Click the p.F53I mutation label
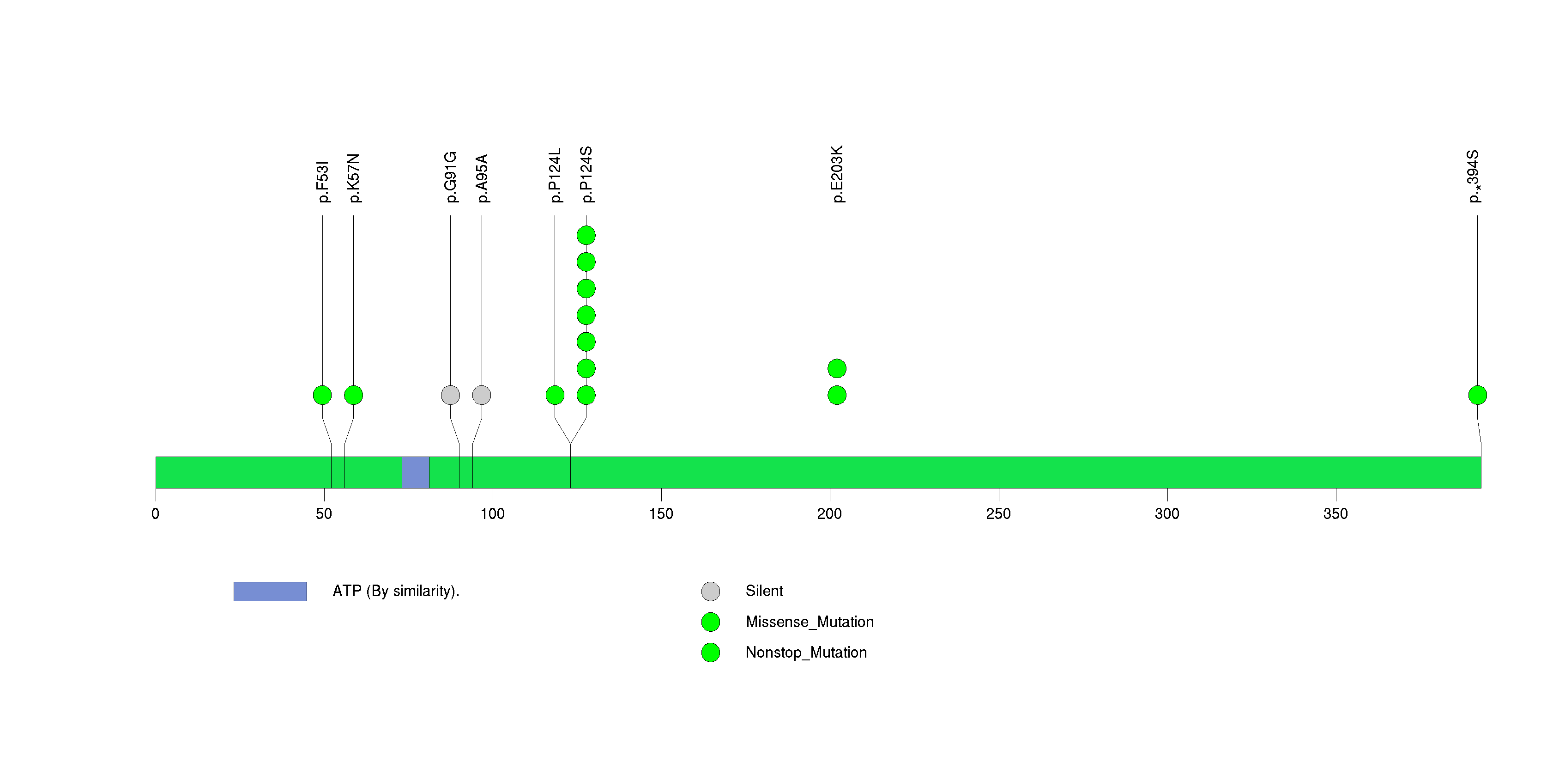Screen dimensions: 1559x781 tap(323, 182)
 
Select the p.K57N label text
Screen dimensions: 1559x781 tap(354, 178)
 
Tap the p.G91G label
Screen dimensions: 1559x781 tap(451, 177)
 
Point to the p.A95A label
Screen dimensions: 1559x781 tap(483, 178)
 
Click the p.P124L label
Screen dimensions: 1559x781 tap(555, 175)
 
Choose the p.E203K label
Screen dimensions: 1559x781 tap(838, 174)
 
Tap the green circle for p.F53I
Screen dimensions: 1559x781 tap(323, 395)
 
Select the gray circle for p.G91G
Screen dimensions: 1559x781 tap(450, 395)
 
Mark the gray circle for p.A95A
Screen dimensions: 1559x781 tap(482, 395)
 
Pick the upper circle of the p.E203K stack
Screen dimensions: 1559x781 tap(837, 368)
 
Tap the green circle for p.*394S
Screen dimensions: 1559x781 tap(1477, 395)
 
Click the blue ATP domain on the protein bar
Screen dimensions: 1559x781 tap(416, 472)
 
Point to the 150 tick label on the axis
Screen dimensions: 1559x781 tap(661, 514)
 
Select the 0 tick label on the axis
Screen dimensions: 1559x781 tap(156, 514)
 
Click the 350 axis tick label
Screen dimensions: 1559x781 tap(1335, 514)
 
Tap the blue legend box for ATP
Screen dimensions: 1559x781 tap(271, 592)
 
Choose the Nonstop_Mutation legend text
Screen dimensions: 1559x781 tap(806, 653)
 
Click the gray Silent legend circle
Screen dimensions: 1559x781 tap(711, 592)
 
